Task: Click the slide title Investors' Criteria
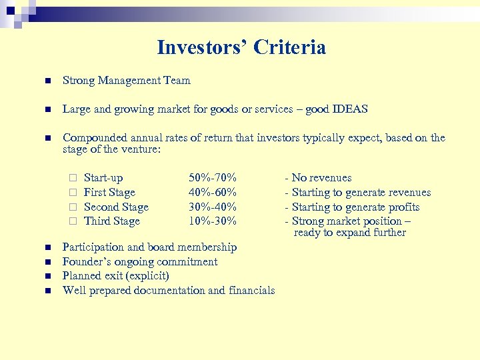[x=241, y=47]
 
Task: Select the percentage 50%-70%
[x=213, y=178]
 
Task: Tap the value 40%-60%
[x=213, y=193]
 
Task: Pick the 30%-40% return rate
[x=213, y=207]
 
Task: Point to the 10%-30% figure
[x=213, y=221]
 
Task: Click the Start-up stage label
[x=103, y=178]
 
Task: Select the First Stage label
[x=109, y=193]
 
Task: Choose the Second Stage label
[x=116, y=207]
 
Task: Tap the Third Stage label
[x=111, y=221]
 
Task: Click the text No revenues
[x=321, y=178]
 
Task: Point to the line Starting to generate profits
[x=355, y=207]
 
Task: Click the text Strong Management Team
[x=126, y=81]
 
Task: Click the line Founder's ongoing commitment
[x=139, y=262]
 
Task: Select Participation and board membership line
[x=149, y=247]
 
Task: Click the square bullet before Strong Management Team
[x=47, y=81]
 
